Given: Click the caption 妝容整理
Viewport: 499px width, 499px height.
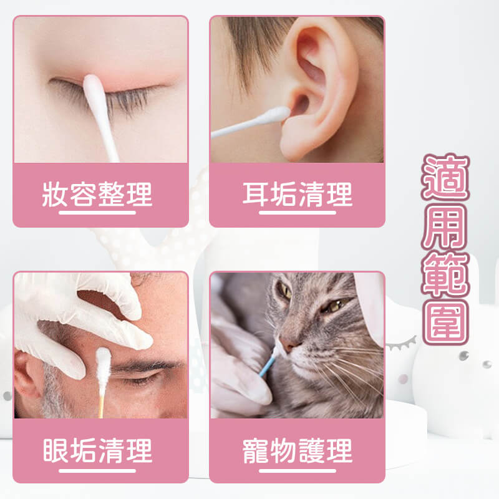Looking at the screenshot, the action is point(97,194).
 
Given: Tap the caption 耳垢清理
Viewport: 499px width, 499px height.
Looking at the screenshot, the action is point(298,194).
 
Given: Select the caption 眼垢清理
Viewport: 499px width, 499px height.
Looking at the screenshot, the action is point(97,450).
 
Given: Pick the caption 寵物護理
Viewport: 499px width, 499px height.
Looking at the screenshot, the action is point(298,450).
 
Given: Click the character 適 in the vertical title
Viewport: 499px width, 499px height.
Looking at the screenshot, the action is point(445,177).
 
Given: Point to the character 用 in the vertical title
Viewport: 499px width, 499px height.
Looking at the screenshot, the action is point(445,226).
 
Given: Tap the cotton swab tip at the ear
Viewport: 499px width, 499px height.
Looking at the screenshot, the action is point(276,115).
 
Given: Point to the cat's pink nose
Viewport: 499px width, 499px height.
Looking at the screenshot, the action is point(289,344).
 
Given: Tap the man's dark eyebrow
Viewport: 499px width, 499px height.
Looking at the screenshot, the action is point(145,366).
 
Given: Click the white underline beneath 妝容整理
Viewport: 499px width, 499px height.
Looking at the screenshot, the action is point(97,213).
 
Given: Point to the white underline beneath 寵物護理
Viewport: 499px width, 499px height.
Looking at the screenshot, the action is point(298,471).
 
